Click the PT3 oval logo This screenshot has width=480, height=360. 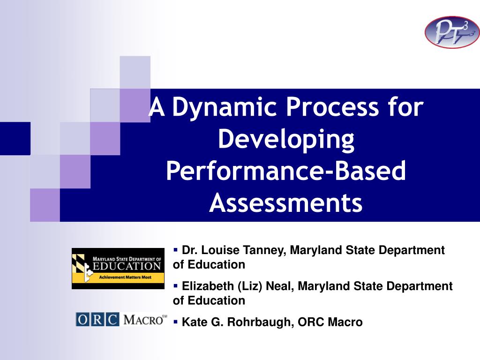coord(452,32)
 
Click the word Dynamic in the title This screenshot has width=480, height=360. coord(225,107)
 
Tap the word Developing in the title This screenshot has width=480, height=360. coord(286,140)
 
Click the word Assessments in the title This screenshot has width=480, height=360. coord(286,202)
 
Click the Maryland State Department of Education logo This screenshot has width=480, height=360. coord(118,269)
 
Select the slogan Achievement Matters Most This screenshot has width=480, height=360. coord(125,277)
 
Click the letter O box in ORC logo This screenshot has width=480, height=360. coord(82,320)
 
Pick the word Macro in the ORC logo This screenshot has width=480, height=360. coord(144,320)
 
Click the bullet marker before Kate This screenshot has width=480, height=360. coord(175,322)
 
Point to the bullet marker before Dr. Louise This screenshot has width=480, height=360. coord(175,250)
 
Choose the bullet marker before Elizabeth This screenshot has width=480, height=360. coord(175,286)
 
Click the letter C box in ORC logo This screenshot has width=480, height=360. coord(112,320)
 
